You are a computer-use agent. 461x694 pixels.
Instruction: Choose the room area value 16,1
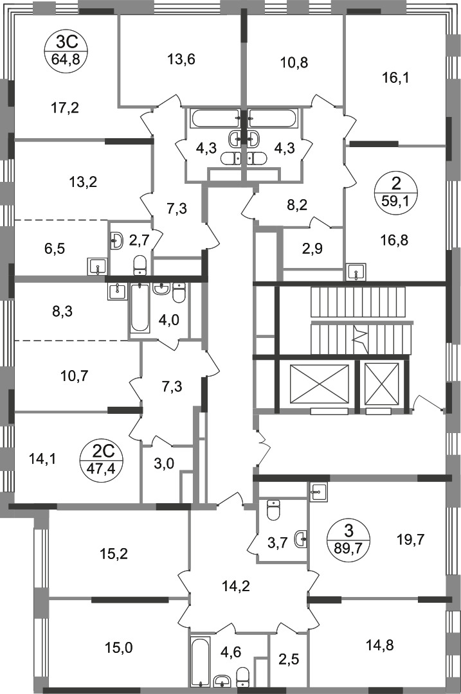pos(396,78)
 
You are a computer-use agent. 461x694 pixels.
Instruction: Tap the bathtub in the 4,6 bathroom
pos(200,662)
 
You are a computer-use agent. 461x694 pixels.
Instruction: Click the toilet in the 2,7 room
pos(138,263)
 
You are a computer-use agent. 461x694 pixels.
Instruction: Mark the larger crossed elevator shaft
pos(319,384)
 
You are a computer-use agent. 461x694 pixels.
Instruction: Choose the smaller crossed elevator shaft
pos(381,384)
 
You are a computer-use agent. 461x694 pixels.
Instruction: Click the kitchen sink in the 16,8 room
pos(356,272)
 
